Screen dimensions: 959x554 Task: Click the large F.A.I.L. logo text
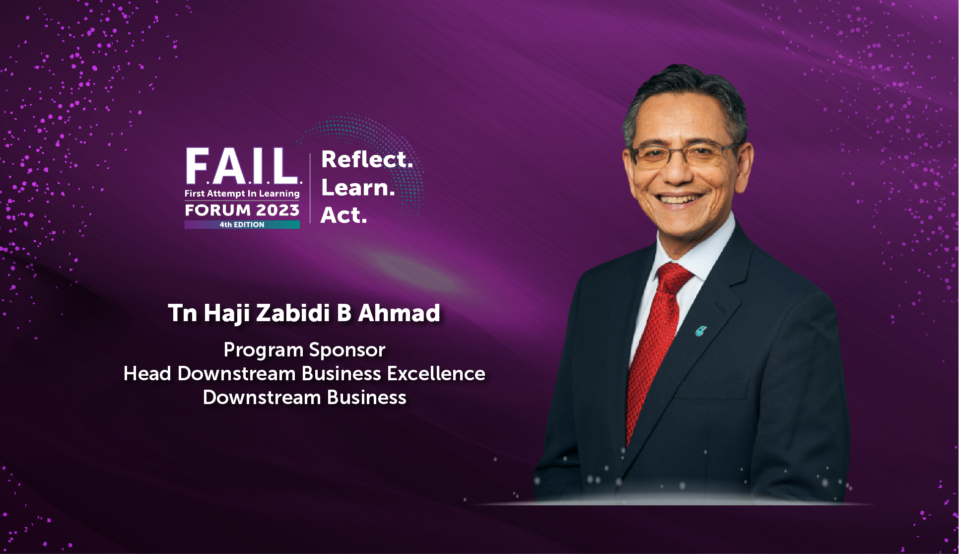[x=243, y=166]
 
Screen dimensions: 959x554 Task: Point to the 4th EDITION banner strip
[x=242, y=224]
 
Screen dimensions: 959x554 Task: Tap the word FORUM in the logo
[x=217, y=210]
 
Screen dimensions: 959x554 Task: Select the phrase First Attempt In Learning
[x=242, y=194]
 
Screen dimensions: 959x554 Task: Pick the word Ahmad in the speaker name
[x=399, y=313]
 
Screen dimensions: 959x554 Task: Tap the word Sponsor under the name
[x=347, y=350]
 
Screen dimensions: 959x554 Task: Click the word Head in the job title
[x=147, y=373]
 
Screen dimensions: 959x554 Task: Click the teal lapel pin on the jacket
[x=700, y=331]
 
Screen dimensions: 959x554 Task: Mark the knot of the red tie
[x=673, y=278]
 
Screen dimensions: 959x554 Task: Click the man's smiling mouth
[x=679, y=199]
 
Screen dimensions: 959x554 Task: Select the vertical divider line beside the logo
[x=310, y=189]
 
